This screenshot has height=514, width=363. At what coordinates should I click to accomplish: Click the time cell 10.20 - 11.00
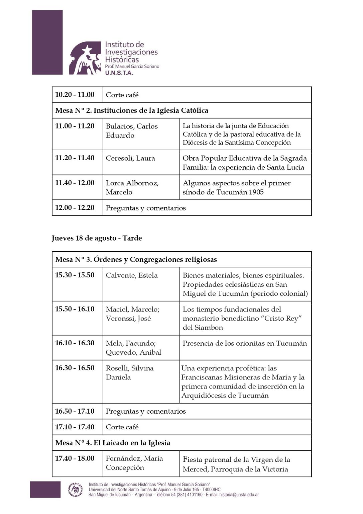[x=75, y=95]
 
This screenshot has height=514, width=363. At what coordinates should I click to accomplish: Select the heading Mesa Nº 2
[x=132, y=110]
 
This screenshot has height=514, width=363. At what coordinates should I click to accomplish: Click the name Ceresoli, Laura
[x=130, y=158]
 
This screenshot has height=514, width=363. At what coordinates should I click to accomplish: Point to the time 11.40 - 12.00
[x=75, y=183]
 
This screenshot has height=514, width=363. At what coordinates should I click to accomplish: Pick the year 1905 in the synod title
[x=254, y=192]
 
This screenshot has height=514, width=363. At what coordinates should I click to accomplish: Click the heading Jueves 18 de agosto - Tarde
[x=97, y=238]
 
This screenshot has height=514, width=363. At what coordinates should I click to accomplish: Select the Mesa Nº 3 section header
[x=136, y=259]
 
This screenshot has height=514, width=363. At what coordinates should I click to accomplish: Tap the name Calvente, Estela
[x=132, y=275]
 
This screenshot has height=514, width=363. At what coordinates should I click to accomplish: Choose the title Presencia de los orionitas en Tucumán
[x=245, y=343]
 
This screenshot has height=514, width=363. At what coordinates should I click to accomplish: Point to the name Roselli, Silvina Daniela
[x=130, y=372]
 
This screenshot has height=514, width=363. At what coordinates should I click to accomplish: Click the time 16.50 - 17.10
[x=75, y=411]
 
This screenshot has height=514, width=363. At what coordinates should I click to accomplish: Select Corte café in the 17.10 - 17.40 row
[x=122, y=427]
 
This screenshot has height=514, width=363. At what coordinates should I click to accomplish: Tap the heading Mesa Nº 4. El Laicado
[x=113, y=443]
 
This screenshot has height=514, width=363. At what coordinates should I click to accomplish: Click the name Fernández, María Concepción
[x=134, y=463]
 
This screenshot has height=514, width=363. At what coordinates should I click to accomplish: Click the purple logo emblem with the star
[x=85, y=58]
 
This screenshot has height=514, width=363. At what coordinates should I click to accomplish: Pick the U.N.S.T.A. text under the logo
[x=119, y=73]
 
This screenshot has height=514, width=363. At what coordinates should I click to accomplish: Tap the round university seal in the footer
[x=76, y=489]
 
